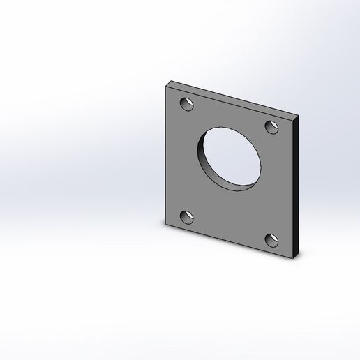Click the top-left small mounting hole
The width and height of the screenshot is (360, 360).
pos(186,105)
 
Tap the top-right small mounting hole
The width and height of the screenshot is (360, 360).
pos(272,127)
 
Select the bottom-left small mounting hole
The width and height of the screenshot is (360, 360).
pos(186,217)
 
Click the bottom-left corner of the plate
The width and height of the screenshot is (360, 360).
pos(165,225)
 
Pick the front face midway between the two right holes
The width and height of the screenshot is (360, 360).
pos(275,184)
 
